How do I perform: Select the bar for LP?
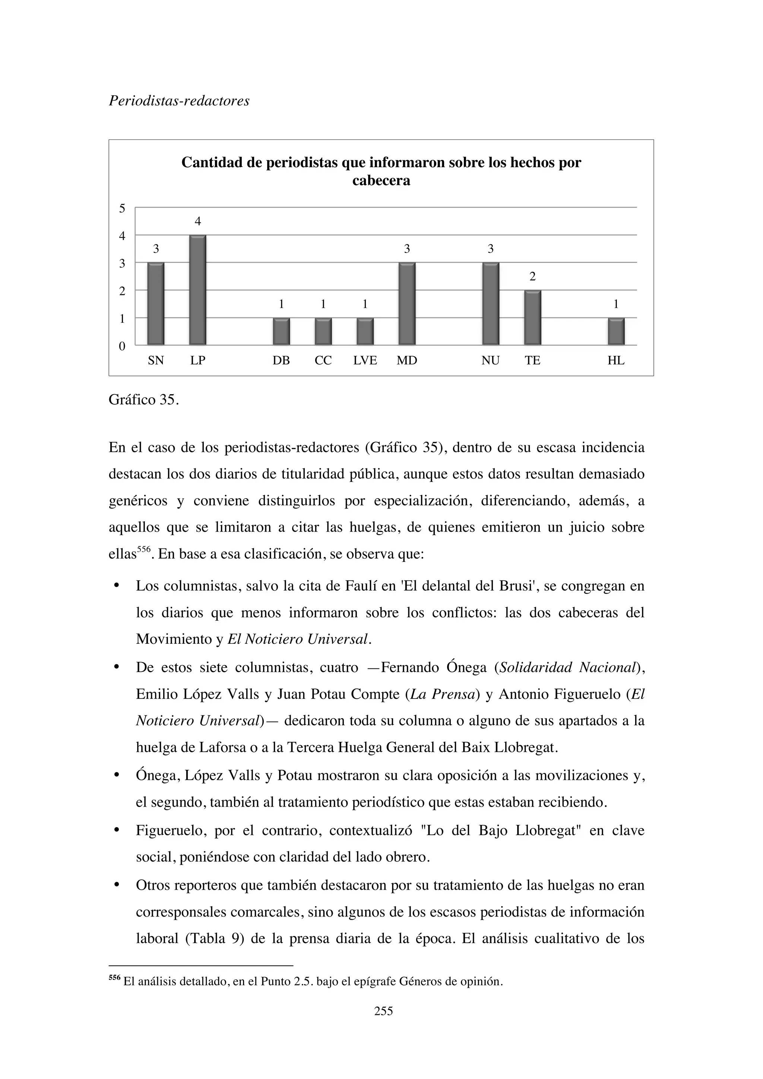tap(198, 290)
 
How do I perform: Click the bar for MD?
tap(407, 304)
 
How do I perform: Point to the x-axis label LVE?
tap(365, 360)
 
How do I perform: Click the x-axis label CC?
tap(323, 360)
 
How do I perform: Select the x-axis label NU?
tap(491, 360)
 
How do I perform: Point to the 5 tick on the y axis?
tap(122, 208)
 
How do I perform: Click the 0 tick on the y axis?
tap(122, 347)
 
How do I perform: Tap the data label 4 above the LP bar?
tap(198, 221)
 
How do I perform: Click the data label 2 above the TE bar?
tap(532, 277)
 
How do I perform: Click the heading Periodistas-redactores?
tap(179, 101)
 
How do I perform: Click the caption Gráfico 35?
tap(144, 400)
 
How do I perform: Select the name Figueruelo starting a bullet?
tap(170, 830)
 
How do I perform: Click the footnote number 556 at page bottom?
tap(114, 978)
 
